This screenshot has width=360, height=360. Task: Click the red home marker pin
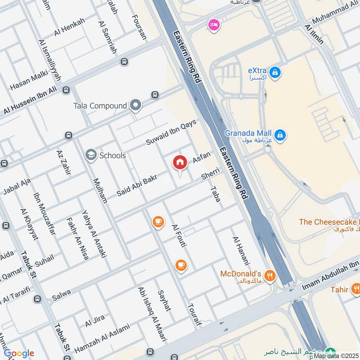180,162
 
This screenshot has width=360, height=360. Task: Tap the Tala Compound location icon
135,106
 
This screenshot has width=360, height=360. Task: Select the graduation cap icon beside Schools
91,155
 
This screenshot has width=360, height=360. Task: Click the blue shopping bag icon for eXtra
275,72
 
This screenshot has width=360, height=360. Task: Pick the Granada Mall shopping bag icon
280,134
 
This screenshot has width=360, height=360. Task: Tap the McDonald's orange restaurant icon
270,275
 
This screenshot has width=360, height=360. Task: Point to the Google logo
18,353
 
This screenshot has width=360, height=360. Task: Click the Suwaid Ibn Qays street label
171,133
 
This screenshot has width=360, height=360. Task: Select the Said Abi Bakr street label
136,185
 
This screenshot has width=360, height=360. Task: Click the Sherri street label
210,174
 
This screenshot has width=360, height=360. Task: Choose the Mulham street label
99,190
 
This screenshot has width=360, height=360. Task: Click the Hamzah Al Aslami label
102,338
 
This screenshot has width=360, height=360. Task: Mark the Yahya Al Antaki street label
94,233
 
